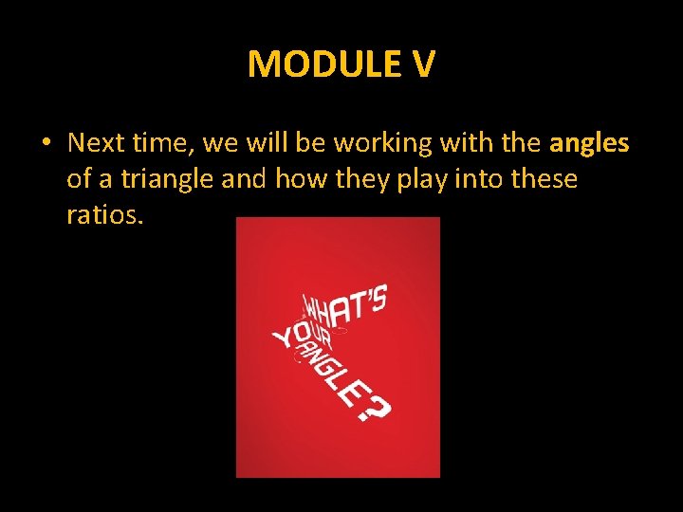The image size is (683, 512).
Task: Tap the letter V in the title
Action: pyautogui.click(x=423, y=64)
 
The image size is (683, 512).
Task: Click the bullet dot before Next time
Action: pyautogui.click(x=45, y=144)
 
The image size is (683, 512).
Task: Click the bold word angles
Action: pyautogui.click(x=589, y=143)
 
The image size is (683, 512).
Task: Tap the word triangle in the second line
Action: pyautogui.click(x=162, y=179)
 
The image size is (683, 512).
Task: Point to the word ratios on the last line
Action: pyautogui.click(x=104, y=215)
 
